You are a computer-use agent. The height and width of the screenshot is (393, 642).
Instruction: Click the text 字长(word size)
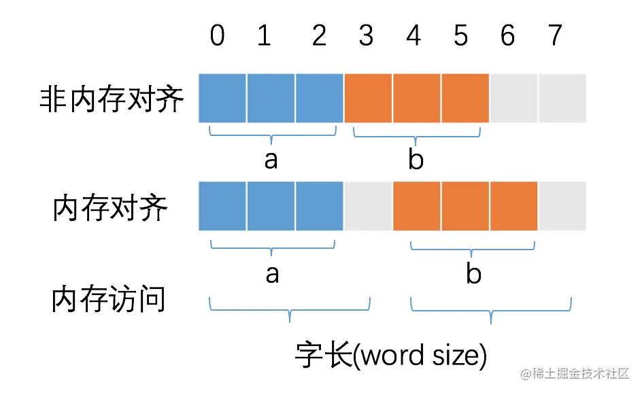pyautogui.click(x=391, y=356)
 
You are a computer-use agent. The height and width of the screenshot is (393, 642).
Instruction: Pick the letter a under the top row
pyautogui.click(x=271, y=160)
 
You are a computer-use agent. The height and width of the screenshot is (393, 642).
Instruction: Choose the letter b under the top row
pyautogui.click(x=416, y=160)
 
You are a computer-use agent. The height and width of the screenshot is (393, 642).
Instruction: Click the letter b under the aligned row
pyautogui.click(x=473, y=274)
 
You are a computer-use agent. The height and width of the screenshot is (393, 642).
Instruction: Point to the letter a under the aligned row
pyautogui.click(x=272, y=274)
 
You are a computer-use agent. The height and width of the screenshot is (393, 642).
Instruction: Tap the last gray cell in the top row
pyautogui.click(x=562, y=98)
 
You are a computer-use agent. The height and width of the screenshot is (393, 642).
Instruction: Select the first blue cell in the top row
pyautogui.click(x=222, y=98)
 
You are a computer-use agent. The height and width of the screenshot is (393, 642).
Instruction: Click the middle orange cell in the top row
pyautogui.click(x=416, y=98)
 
